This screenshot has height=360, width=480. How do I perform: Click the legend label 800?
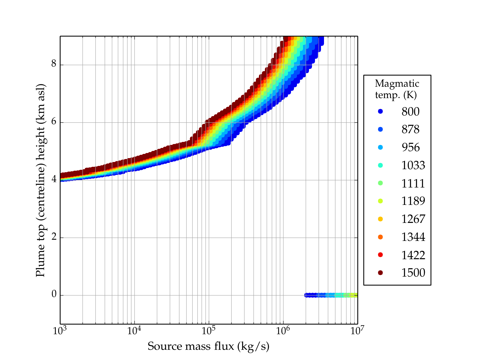[410, 112]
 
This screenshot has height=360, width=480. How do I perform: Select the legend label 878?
[410, 129]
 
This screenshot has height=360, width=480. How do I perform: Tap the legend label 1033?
[413, 165]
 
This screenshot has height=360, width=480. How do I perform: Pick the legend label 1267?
[413, 219]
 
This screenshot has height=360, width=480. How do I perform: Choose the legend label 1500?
[413, 273]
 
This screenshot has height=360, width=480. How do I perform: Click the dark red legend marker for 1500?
[380, 273]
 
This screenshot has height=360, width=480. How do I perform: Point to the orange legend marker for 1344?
[380, 237]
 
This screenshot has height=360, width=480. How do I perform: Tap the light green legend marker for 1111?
[380, 183]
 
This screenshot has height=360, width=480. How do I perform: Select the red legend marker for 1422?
[380, 255]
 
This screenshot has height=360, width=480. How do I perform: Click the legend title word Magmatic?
[397, 84]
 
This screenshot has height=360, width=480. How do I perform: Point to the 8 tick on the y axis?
[54, 64]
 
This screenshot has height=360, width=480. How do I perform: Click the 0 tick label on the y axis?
[54, 295]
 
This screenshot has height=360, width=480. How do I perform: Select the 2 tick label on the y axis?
[54, 237]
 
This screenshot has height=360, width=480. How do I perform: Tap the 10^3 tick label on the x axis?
[60, 331]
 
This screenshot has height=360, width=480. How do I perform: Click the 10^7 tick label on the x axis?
[357, 331]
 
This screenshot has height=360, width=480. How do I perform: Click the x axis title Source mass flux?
[208, 346]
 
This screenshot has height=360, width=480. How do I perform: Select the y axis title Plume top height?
[40, 180]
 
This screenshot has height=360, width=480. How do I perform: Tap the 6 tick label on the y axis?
[54, 122]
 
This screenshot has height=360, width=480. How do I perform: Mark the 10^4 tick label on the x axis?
[134, 331]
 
